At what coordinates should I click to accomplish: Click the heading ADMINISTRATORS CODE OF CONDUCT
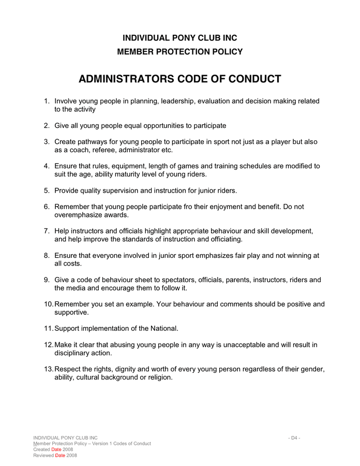179,79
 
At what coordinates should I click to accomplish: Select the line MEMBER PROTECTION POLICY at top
179,52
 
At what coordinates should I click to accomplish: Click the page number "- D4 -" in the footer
294,438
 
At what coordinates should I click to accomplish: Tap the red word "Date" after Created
55,449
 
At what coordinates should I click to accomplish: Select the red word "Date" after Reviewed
59,455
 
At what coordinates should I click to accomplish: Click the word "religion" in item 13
158,377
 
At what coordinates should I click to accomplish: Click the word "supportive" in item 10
71,313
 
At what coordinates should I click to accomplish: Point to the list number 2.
47,126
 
